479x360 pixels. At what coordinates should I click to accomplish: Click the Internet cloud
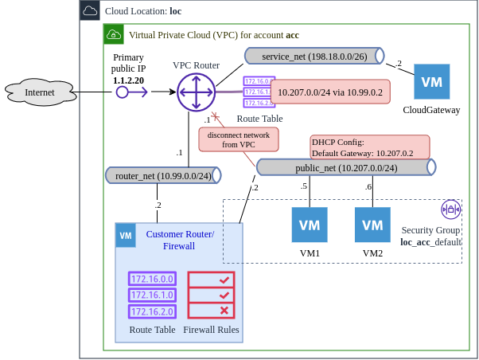[41, 93]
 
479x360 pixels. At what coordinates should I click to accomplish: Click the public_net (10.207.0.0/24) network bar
[345, 167]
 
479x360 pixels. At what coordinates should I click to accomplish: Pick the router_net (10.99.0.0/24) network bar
[162, 175]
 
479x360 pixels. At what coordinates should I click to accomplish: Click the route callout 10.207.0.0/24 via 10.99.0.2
[330, 92]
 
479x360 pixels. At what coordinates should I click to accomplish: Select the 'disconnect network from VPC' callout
[239, 140]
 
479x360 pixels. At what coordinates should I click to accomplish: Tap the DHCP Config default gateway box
[369, 147]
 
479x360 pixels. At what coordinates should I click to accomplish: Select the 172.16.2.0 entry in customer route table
[151, 311]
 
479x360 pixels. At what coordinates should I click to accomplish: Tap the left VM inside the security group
[309, 225]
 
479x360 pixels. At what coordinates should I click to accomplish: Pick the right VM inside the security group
[372, 225]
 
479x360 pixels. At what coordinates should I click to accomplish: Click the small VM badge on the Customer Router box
[126, 235]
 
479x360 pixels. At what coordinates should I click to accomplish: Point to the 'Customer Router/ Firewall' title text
[179, 240]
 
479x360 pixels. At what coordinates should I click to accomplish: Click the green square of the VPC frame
[115, 35]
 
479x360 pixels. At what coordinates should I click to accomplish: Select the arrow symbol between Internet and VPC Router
[132, 92]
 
